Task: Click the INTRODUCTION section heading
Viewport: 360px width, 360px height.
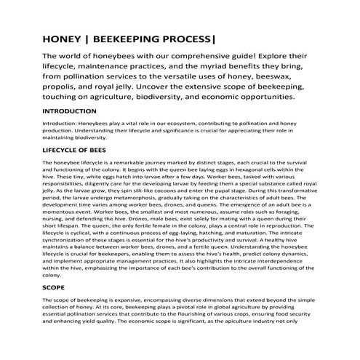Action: click(x=74, y=111)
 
